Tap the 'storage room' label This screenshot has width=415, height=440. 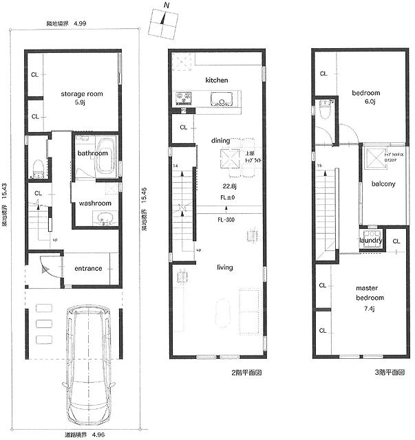tap(81, 94)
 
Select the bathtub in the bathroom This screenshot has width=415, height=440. tap(105, 148)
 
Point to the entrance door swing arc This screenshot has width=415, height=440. tap(47, 266)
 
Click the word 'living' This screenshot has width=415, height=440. tap(224, 267)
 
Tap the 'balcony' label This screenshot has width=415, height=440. tap(380, 184)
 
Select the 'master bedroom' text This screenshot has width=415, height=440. tap(370, 293)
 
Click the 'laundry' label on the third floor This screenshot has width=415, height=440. tap(370, 241)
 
